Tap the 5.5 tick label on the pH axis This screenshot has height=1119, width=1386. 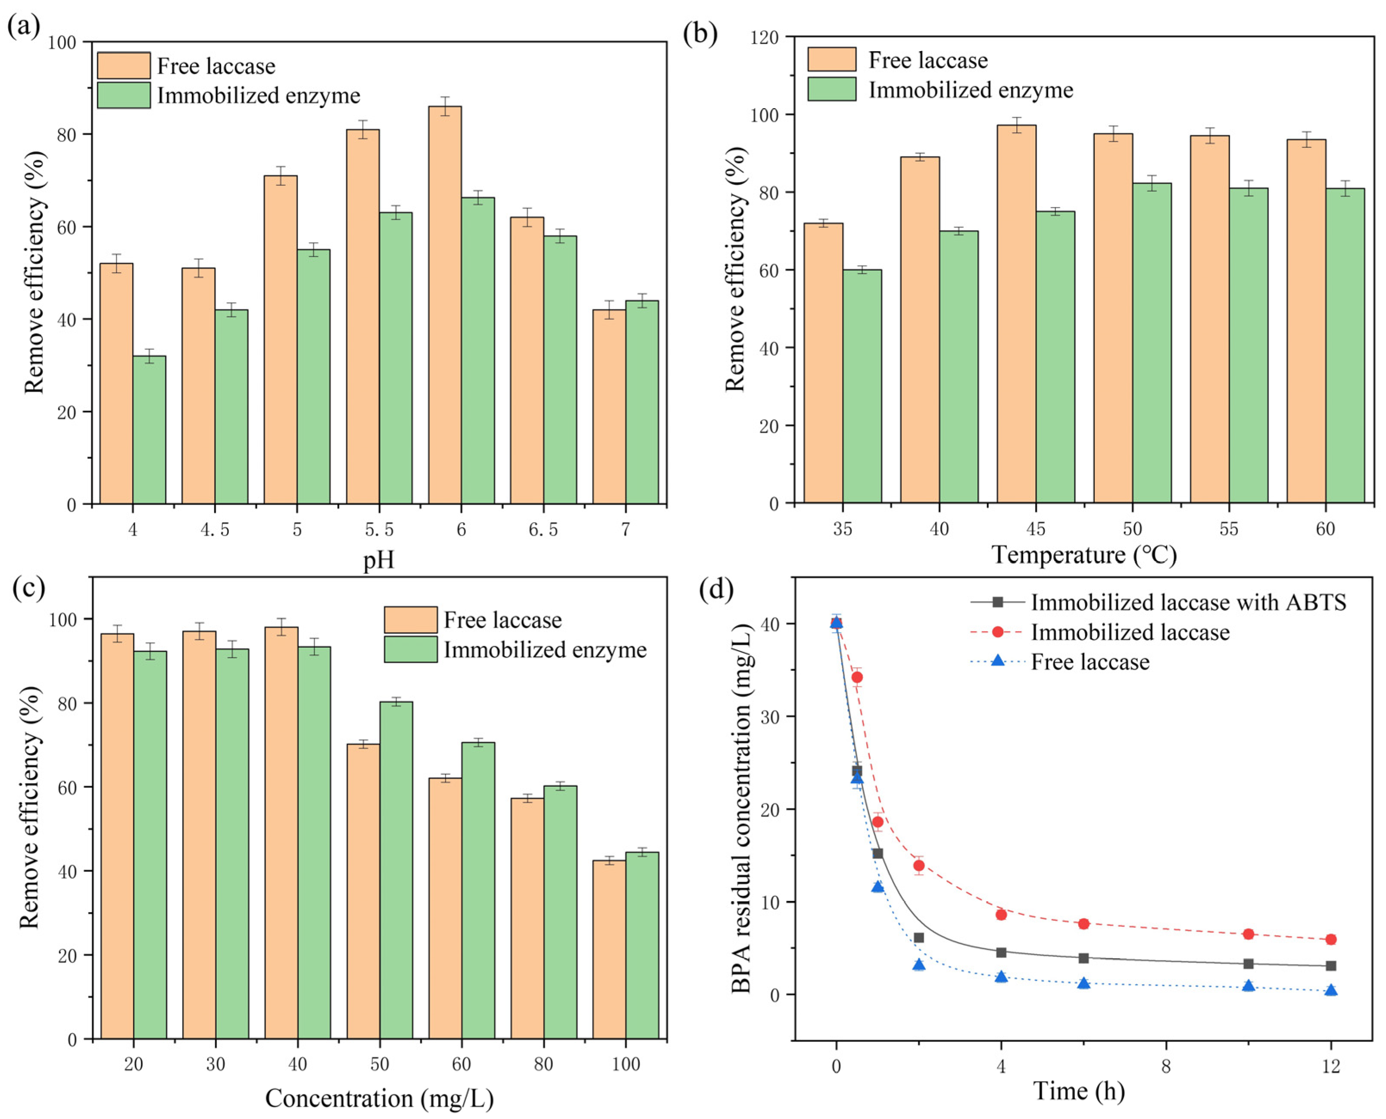[x=379, y=530]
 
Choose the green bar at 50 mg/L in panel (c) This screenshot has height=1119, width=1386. [x=396, y=870]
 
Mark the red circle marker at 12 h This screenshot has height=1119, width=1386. [x=1330, y=940]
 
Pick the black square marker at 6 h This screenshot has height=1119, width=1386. [x=1083, y=959]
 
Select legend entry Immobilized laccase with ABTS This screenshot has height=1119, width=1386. [x=1188, y=602]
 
